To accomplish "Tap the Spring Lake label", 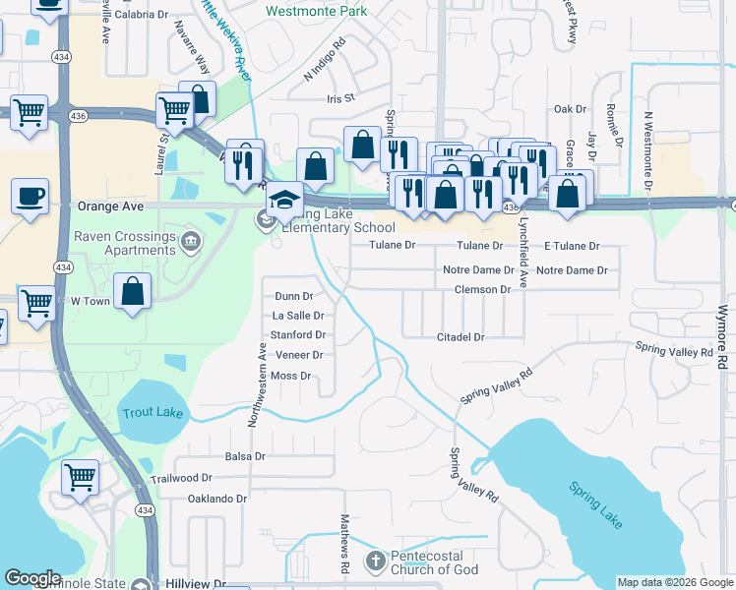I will pos(594,504).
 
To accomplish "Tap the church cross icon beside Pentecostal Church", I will pos(374,561).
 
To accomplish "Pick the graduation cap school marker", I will pos(282,200).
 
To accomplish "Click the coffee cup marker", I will pos(30,195).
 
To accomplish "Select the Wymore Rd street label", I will pos(721,334).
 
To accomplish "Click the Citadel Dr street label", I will pos(460,337).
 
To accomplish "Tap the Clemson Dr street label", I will pos(482,290).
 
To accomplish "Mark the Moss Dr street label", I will pos(290,376).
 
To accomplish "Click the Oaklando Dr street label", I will pos(216,499).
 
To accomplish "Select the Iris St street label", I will pos(339,99).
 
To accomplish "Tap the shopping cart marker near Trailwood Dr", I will pos(80,478).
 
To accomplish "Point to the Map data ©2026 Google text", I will pos(674,582).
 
